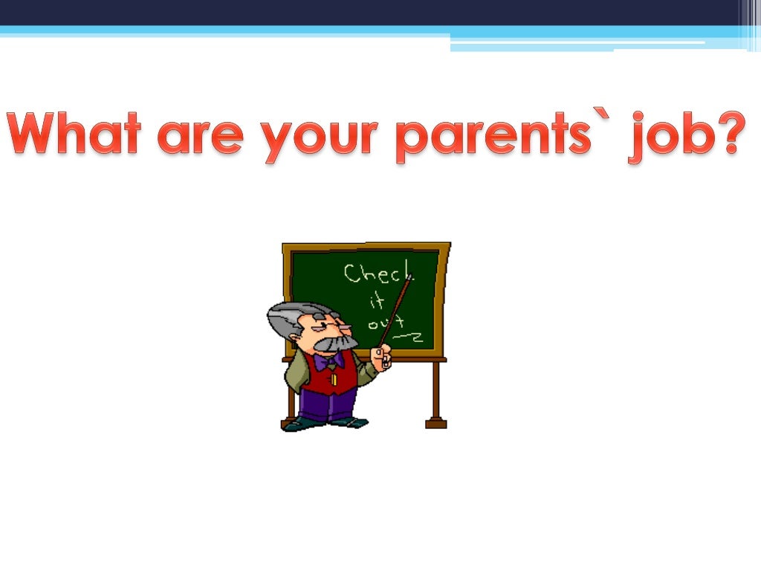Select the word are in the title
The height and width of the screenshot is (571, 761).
[x=200, y=138]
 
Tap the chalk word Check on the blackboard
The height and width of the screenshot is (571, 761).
[x=377, y=274]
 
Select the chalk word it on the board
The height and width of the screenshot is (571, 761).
[x=377, y=300]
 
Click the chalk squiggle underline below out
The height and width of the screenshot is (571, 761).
[x=409, y=338]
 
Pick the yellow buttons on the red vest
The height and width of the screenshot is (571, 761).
[x=334, y=378]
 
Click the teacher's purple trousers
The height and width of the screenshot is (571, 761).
[x=327, y=404]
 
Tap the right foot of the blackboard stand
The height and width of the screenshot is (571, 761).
[x=435, y=422]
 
